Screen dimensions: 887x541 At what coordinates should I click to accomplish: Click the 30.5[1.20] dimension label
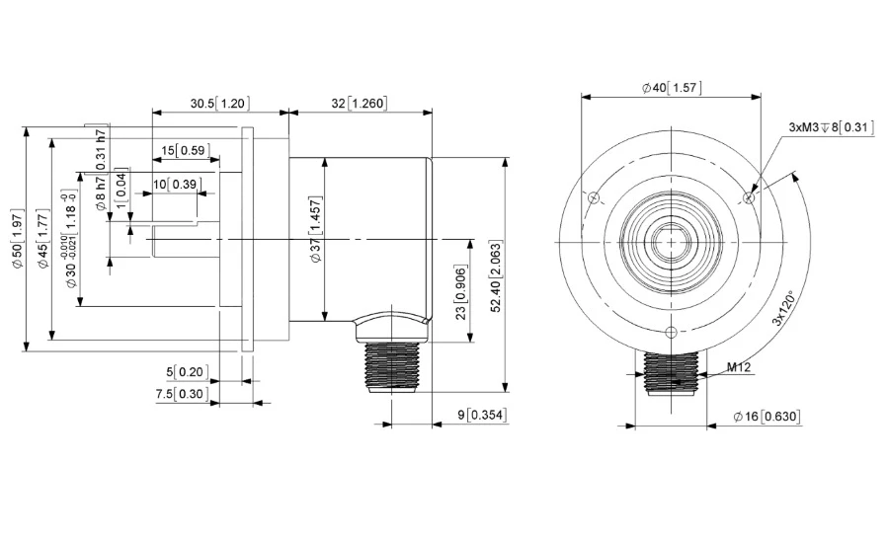click(x=219, y=103)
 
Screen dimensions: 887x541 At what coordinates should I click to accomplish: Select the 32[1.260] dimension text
click(x=360, y=103)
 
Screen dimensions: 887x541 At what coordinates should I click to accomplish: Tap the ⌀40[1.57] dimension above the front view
click(x=672, y=88)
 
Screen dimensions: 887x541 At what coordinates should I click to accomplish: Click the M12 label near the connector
click(x=739, y=367)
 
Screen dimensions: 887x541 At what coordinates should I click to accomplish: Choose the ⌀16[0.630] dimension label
click(x=767, y=417)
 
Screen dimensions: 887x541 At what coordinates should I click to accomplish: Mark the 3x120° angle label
click(x=783, y=309)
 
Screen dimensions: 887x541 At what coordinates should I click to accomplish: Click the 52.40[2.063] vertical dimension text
click(x=496, y=276)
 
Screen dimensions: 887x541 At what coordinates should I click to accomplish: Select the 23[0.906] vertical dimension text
click(x=461, y=291)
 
